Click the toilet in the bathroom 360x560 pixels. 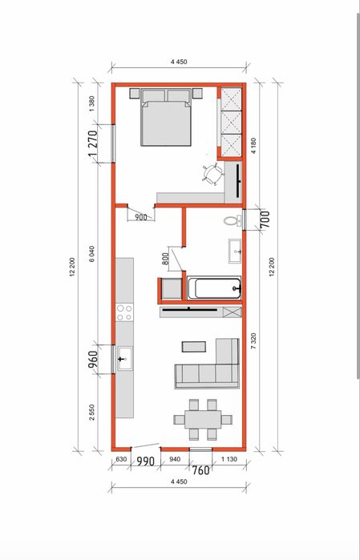click(233, 220)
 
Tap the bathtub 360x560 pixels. click(214, 288)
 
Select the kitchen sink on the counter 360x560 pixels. click(125, 358)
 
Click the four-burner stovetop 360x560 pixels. click(124, 312)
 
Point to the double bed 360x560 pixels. click(166, 117)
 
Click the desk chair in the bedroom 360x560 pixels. click(213, 175)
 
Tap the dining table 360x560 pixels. click(203, 419)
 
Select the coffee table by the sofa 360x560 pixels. click(194, 347)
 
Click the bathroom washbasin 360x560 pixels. click(235, 251)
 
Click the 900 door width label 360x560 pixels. click(141, 217)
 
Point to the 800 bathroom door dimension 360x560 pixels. click(165, 258)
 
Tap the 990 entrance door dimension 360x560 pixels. click(145, 461)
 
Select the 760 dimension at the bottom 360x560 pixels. click(200, 470)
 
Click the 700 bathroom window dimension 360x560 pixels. click(265, 220)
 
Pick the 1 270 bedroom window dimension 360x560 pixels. click(92, 144)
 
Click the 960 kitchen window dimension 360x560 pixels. click(92, 360)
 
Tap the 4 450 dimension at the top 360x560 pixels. click(179, 62)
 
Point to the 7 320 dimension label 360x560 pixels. click(253, 340)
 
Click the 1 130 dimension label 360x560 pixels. click(229, 459)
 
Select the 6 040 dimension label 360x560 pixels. click(92, 254)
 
